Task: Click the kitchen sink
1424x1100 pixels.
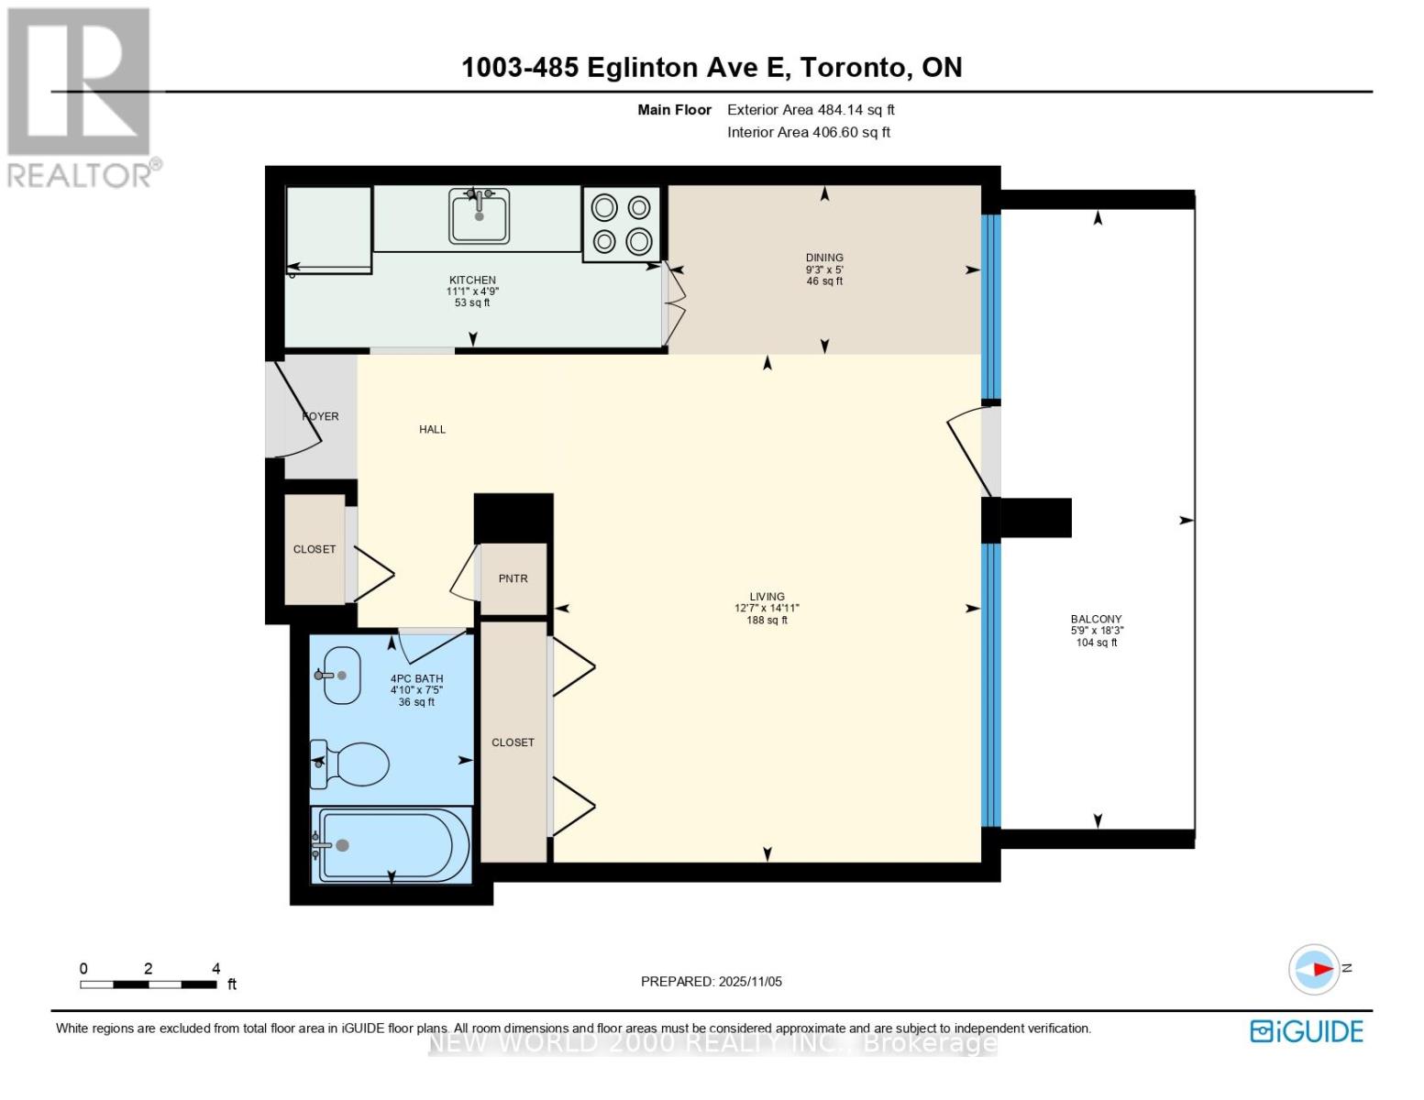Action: [x=479, y=216]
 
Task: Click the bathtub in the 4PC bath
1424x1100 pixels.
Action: [x=392, y=845]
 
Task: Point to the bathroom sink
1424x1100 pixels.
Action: [x=340, y=676]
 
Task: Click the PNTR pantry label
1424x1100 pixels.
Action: [x=513, y=578]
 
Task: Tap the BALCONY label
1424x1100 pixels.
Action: [x=1096, y=619]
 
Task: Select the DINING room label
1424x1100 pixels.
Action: [x=824, y=258]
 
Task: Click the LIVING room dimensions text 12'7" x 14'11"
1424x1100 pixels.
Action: [x=767, y=608]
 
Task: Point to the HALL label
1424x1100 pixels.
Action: [x=432, y=429]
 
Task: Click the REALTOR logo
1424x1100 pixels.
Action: [x=81, y=97]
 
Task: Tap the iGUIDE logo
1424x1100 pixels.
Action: [x=1306, y=1031]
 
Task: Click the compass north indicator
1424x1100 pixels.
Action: [x=1315, y=969]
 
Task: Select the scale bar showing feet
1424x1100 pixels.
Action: [x=149, y=984]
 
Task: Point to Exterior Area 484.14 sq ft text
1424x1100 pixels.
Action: [x=811, y=109]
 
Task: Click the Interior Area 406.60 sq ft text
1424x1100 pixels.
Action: [x=809, y=132]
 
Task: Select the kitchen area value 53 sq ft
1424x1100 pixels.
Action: [x=472, y=302]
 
